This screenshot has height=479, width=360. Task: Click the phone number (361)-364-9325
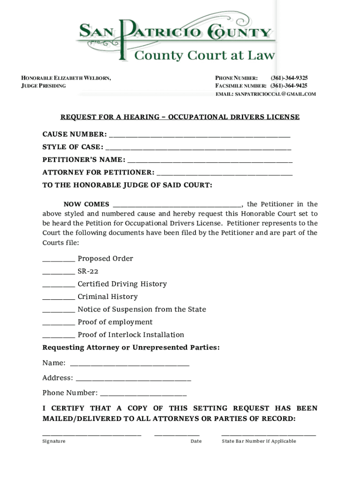[x=289, y=78]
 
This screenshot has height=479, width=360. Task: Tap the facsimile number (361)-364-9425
[x=289, y=86]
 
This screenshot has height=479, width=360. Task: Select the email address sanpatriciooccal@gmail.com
[x=266, y=94]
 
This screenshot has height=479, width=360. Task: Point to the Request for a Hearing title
[x=180, y=117]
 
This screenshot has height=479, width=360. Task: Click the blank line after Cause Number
[x=199, y=136]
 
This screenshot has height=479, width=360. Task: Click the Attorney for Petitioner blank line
[x=224, y=174]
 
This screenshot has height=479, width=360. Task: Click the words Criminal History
[x=108, y=297]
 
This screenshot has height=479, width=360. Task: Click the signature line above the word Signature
[x=92, y=435]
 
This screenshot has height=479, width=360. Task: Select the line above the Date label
[x=177, y=435]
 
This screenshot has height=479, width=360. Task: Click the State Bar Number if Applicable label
[x=259, y=441]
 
